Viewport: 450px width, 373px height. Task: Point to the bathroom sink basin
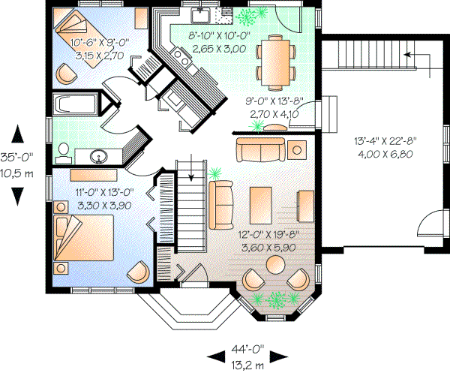click(x=98, y=157)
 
